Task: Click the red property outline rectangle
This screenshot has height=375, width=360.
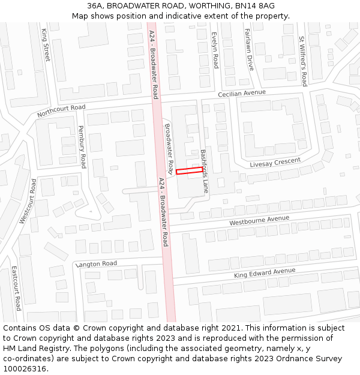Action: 189,172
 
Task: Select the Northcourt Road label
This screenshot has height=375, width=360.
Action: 61,111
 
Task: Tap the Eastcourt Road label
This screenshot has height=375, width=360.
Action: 17,288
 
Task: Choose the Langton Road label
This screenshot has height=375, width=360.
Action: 96,264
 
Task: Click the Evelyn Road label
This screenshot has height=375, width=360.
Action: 214,49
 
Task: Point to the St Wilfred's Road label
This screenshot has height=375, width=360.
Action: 303,61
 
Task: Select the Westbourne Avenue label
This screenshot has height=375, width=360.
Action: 259,221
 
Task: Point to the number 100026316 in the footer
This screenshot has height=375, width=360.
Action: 25,369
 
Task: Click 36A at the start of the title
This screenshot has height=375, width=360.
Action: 95,6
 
